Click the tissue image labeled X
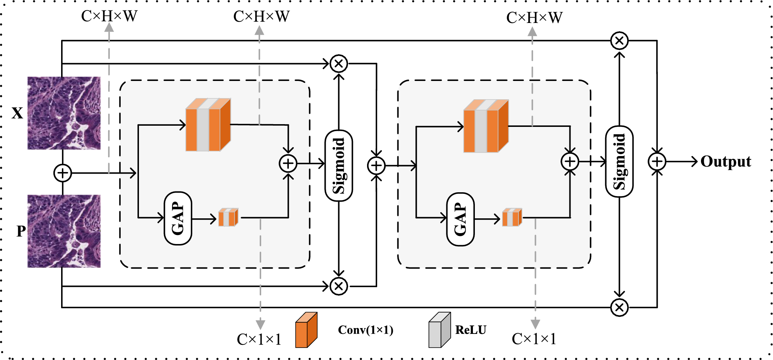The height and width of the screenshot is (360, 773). [x=64, y=113]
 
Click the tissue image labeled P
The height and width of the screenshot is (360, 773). [x=64, y=231]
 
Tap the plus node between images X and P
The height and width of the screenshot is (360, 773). [x=63, y=173]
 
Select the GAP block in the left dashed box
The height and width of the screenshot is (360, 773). [x=178, y=218]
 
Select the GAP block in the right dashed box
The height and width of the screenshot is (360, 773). [x=460, y=220]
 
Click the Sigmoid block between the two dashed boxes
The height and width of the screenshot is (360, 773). [x=339, y=166]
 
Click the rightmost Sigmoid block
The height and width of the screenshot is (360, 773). [x=619, y=162]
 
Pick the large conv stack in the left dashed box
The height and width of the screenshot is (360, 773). [x=208, y=125]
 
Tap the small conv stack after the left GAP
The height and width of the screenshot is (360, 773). [x=228, y=218]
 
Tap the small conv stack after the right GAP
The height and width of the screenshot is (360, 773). [x=512, y=218]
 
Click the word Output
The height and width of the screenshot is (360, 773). [x=726, y=162]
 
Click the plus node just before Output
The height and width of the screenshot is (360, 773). [x=657, y=162]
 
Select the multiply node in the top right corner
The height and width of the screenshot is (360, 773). [x=619, y=40]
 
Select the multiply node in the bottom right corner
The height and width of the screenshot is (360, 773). [x=619, y=307]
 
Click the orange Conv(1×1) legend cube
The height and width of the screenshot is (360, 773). [x=306, y=330]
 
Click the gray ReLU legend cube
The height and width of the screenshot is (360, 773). [x=439, y=330]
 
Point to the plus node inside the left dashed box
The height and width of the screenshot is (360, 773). [x=288, y=163]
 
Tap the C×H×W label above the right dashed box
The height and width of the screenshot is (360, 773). [x=534, y=18]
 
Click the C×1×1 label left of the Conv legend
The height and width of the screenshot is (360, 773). [x=259, y=339]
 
